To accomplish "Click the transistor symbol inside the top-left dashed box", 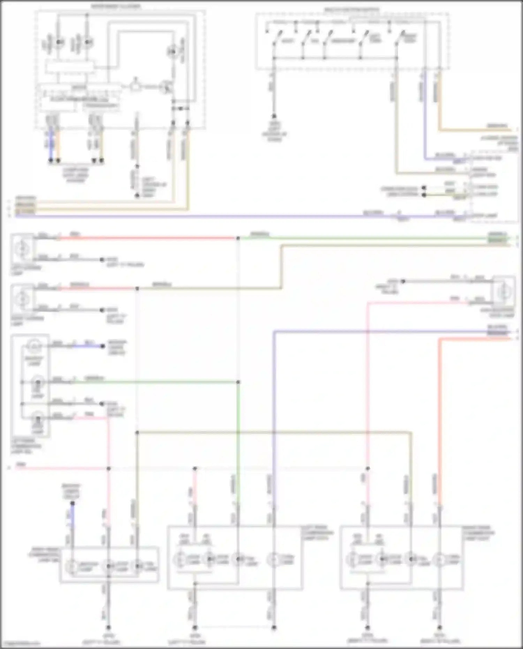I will (x=166, y=87).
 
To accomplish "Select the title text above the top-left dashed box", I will (x=116, y=7).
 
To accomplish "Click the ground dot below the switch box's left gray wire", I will (x=274, y=116).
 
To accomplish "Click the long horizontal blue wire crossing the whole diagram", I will (x=209, y=217).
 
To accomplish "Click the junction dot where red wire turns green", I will (x=238, y=238).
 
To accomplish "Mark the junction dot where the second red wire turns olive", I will (x=137, y=289).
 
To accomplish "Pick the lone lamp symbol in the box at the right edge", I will (x=503, y=292).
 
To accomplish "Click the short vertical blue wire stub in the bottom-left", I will (x=72, y=516).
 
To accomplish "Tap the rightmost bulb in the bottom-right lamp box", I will (x=440, y=559).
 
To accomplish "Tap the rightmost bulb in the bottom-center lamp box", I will (x=274, y=559).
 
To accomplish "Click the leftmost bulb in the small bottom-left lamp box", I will (x=73, y=566).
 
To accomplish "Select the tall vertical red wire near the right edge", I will (x=440, y=418).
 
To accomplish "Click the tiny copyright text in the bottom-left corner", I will (x=19, y=643).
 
